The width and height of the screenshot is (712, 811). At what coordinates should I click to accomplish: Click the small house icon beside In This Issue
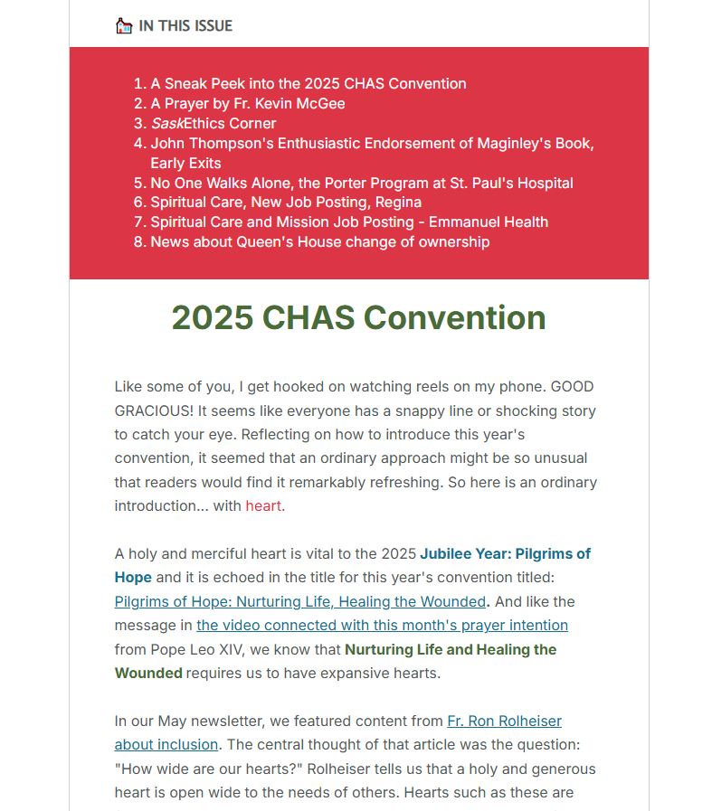pyautogui.click(x=124, y=25)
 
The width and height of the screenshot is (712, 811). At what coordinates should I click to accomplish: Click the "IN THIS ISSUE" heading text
pyautogui.click(x=185, y=25)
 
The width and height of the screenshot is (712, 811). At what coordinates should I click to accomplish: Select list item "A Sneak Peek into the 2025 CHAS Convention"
pyautogui.click(x=308, y=83)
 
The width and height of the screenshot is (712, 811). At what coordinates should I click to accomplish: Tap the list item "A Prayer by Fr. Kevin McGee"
pyautogui.click(x=247, y=103)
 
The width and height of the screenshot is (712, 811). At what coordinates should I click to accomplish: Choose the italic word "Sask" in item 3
pyautogui.click(x=166, y=123)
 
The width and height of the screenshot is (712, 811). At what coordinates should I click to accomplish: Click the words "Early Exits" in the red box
pyautogui.click(x=185, y=163)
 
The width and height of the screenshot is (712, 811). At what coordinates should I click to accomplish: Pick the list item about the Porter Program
pyautogui.click(x=361, y=183)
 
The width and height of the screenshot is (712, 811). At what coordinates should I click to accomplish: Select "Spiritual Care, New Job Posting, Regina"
pyautogui.click(x=285, y=202)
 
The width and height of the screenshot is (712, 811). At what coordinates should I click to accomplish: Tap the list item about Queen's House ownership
pyautogui.click(x=319, y=241)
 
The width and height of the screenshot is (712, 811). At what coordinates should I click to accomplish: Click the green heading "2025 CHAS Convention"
pyautogui.click(x=358, y=317)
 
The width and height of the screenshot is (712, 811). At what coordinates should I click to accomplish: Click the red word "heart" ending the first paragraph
pyautogui.click(x=262, y=505)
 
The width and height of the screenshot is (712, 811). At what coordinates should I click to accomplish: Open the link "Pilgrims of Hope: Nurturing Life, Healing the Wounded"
pyautogui.click(x=299, y=601)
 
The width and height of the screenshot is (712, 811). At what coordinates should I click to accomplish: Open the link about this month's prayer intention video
pyautogui.click(x=382, y=625)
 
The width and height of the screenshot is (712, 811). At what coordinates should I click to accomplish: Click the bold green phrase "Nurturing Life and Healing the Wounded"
pyautogui.click(x=450, y=649)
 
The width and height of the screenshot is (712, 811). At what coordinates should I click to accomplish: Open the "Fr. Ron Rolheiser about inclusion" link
pyautogui.click(x=504, y=721)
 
